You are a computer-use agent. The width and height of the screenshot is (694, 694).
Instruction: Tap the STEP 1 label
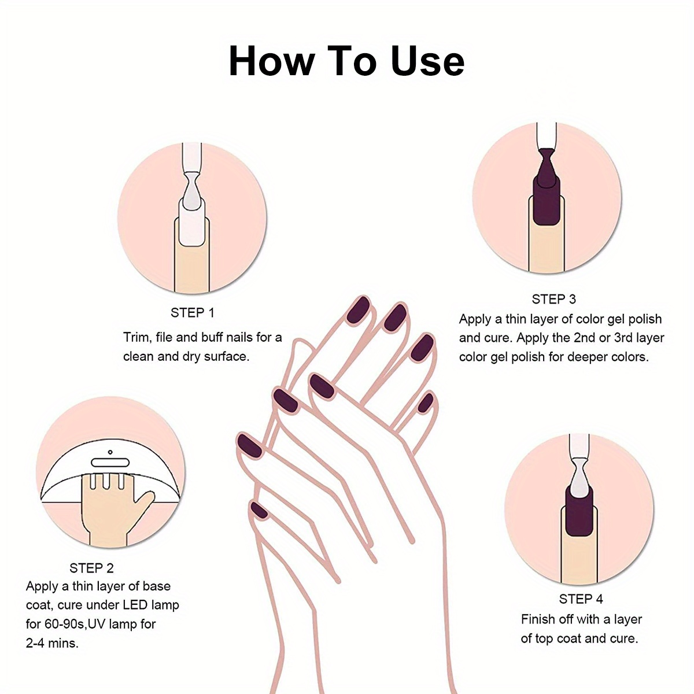point(193,313)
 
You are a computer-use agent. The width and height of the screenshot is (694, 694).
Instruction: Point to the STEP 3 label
point(554,299)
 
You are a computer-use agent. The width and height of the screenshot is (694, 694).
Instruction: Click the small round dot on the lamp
point(110,452)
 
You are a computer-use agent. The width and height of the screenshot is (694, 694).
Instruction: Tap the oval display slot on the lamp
point(110,463)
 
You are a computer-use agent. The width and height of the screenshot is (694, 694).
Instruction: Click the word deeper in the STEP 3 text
point(589,357)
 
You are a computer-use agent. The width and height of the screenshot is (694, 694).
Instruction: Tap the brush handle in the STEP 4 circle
point(579,446)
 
